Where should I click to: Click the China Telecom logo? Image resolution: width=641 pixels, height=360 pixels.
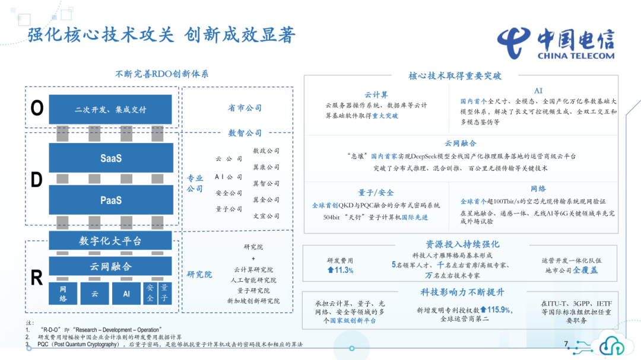(x=556, y=43)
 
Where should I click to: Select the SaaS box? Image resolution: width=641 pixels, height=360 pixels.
(x=111, y=158)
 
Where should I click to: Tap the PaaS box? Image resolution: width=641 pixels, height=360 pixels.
(x=111, y=200)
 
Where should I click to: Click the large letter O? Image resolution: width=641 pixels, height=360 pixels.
(x=37, y=108)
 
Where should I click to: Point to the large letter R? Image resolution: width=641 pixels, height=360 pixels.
(x=37, y=278)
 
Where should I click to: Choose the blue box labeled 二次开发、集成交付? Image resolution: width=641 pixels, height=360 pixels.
(x=110, y=109)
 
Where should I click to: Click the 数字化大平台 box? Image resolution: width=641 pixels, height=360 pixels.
(x=110, y=241)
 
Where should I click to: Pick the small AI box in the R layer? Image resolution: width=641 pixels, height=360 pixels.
(x=126, y=294)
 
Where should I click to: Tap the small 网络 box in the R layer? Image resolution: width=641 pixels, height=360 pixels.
(x=63, y=294)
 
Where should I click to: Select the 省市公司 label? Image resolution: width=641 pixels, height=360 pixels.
(x=245, y=108)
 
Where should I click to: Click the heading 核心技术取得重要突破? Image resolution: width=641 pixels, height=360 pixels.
(x=455, y=75)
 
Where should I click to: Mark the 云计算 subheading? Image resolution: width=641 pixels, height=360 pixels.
(x=376, y=95)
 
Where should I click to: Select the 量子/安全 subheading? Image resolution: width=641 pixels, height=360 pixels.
(x=376, y=193)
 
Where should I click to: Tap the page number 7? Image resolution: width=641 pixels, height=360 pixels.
(x=566, y=343)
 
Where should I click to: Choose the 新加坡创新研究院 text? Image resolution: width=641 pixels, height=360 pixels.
(x=253, y=301)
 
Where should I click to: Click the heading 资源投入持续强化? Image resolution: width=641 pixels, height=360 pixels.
(x=462, y=244)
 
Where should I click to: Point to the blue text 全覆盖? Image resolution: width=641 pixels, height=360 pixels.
(x=585, y=270)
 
